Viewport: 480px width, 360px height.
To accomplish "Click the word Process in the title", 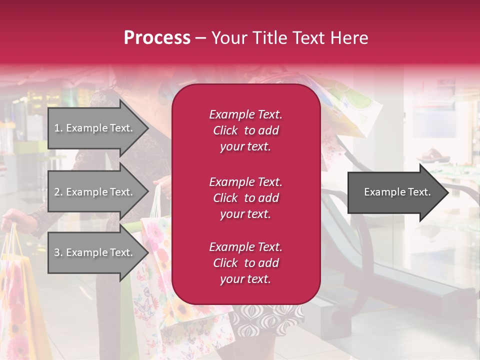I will click(157, 38).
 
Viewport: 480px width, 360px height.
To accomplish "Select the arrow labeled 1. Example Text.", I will click(95, 128).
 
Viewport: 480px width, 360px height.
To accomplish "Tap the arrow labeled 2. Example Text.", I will click(95, 192).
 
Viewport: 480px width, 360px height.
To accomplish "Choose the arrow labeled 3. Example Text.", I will click(95, 252).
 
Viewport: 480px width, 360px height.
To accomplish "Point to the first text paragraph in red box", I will click(245, 130).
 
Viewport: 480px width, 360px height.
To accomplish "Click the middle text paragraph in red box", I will click(245, 198).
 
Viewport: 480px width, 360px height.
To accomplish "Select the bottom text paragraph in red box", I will click(245, 263).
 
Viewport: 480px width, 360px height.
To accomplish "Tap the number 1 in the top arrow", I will click(57, 128).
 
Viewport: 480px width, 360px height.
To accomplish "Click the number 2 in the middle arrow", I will click(57, 192).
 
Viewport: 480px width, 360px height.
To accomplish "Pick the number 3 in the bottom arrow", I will click(57, 252).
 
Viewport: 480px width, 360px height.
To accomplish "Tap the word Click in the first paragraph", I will click(225, 130).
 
